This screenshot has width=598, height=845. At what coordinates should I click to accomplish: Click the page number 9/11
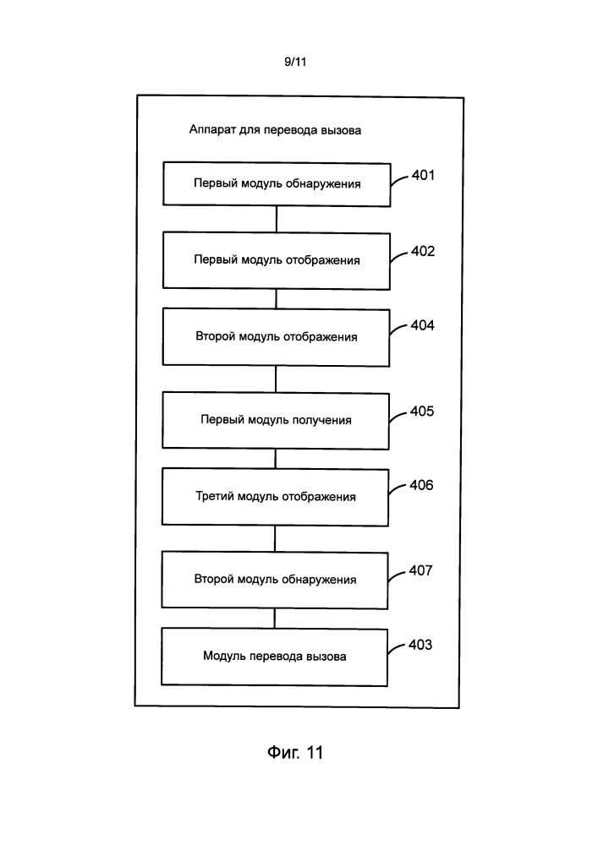click(x=295, y=62)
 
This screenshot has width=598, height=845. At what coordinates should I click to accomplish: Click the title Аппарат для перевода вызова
click(x=275, y=130)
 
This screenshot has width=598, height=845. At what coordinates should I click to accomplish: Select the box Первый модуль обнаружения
click(x=277, y=184)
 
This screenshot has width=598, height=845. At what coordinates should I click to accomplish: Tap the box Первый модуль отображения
click(x=277, y=261)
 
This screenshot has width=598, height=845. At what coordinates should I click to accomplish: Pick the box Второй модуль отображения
click(x=276, y=337)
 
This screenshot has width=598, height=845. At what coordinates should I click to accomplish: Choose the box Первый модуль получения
click(x=276, y=421)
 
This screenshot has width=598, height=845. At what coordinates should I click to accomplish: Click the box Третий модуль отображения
click(x=275, y=498)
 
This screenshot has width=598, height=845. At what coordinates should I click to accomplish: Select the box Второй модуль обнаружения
click(x=274, y=581)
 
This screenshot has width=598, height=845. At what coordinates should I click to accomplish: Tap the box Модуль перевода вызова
click(x=274, y=657)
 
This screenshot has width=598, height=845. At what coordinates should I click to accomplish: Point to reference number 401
click(x=423, y=175)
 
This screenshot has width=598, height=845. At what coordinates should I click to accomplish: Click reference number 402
click(x=423, y=251)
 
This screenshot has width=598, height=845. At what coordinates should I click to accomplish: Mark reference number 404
click(x=422, y=325)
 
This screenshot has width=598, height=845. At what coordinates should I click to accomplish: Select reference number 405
click(x=422, y=412)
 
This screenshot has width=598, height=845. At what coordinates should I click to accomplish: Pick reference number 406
click(x=421, y=485)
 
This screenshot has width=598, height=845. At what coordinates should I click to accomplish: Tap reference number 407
click(x=420, y=570)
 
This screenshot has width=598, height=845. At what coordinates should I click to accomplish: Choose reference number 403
click(x=420, y=645)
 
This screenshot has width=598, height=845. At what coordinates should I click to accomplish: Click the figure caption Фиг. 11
click(x=295, y=752)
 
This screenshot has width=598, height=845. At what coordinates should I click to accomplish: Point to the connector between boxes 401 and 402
click(x=277, y=220)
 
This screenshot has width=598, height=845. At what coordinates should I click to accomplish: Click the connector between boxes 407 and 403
click(x=274, y=619)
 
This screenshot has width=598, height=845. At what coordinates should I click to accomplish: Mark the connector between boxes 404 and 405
click(x=276, y=379)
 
